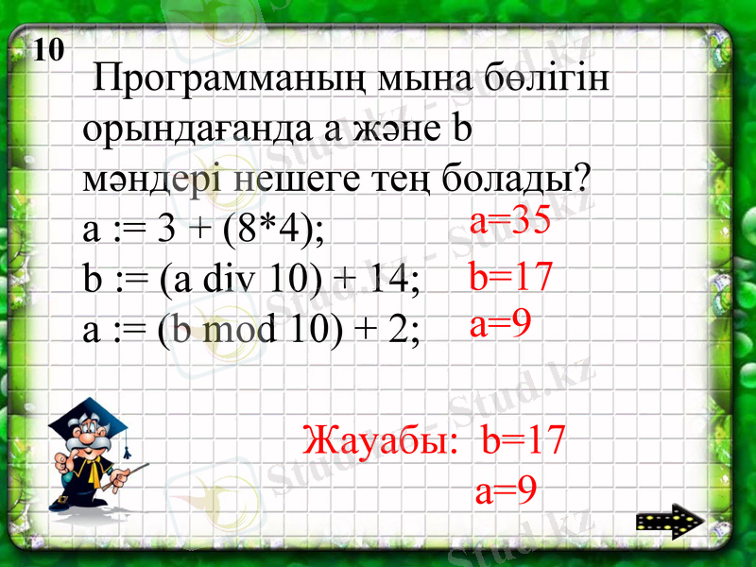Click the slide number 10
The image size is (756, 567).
click(50, 49)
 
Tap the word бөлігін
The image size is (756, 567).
click(545, 79)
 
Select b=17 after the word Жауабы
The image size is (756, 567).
click(523, 439)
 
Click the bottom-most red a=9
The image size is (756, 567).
click(507, 490)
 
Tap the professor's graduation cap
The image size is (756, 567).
click(80, 416)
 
